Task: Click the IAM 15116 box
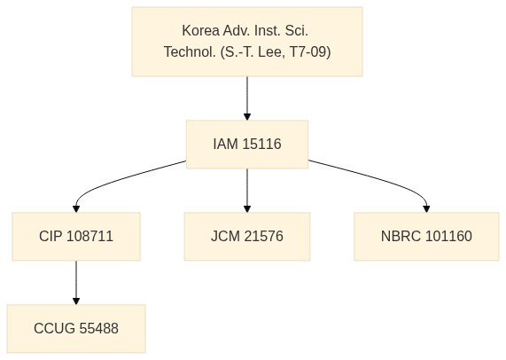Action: tap(247, 145)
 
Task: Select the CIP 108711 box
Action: tap(76, 237)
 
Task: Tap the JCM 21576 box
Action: tap(247, 237)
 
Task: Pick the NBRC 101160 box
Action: tap(426, 237)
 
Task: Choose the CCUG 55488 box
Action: tap(76, 329)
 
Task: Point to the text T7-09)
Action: tap(310, 51)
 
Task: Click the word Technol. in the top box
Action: tap(190, 51)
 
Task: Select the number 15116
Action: tap(261, 144)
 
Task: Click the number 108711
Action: tap(90, 236)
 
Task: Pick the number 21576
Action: tap(264, 236)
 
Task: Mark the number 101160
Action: tap(448, 236)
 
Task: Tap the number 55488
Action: tap(98, 328)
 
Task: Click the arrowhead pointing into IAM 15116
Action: tap(247, 117)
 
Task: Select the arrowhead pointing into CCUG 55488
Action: tap(76, 301)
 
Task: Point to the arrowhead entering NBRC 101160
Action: tap(426, 209)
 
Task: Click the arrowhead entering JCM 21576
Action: tap(247, 209)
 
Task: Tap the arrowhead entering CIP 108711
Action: tap(76, 209)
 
